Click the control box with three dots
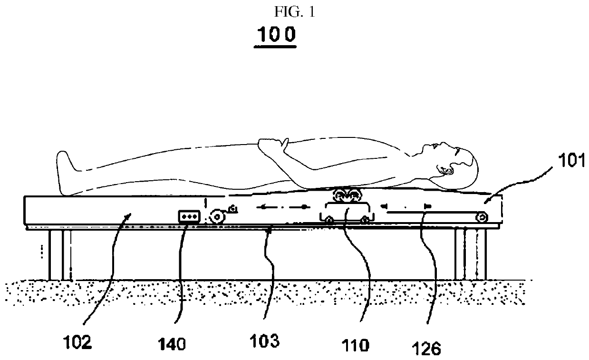click(188, 216)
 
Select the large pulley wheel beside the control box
click(218, 217)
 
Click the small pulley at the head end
click(482, 216)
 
